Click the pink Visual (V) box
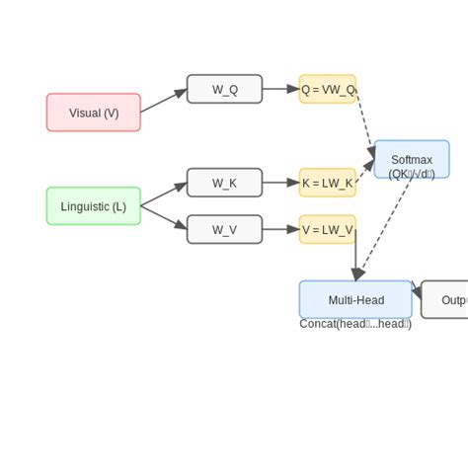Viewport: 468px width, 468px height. [x=94, y=113]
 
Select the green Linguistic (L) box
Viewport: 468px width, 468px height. [x=94, y=206]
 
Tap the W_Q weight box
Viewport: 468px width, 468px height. [x=224, y=89]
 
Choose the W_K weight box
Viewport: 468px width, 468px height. [x=224, y=183]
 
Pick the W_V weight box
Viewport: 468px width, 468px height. [x=224, y=230]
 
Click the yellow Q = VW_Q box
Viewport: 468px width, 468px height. [x=328, y=89]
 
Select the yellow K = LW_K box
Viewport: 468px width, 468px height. [x=328, y=183]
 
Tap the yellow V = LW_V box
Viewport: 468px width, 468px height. [x=328, y=230]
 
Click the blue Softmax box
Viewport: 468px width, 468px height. [x=412, y=159]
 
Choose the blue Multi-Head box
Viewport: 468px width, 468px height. [x=355, y=299]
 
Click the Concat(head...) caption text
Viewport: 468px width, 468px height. [x=355, y=324]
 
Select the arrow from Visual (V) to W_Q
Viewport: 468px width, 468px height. [x=164, y=101]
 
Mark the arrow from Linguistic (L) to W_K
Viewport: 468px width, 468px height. [x=164, y=195]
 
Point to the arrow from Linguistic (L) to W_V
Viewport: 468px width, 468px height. [x=164, y=218]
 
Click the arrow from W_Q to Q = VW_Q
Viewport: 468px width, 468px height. [x=280, y=89]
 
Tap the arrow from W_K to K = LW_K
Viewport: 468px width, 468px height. [x=280, y=183]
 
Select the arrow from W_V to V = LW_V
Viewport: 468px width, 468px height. [x=280, y=230]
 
